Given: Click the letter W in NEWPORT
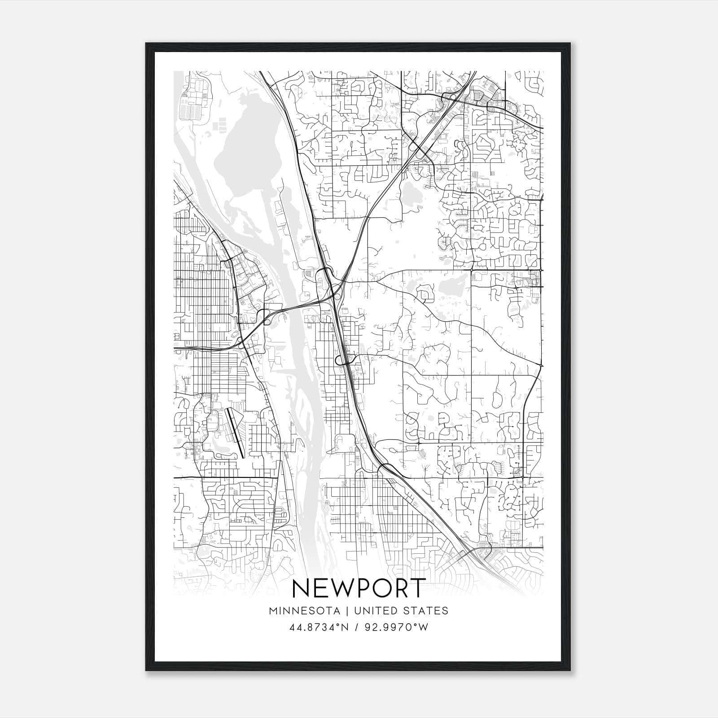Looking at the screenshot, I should (x=336, y=588).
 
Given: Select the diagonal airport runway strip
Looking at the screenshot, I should (x=235, y=432).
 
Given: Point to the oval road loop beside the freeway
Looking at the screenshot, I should (x=346, y=359).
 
